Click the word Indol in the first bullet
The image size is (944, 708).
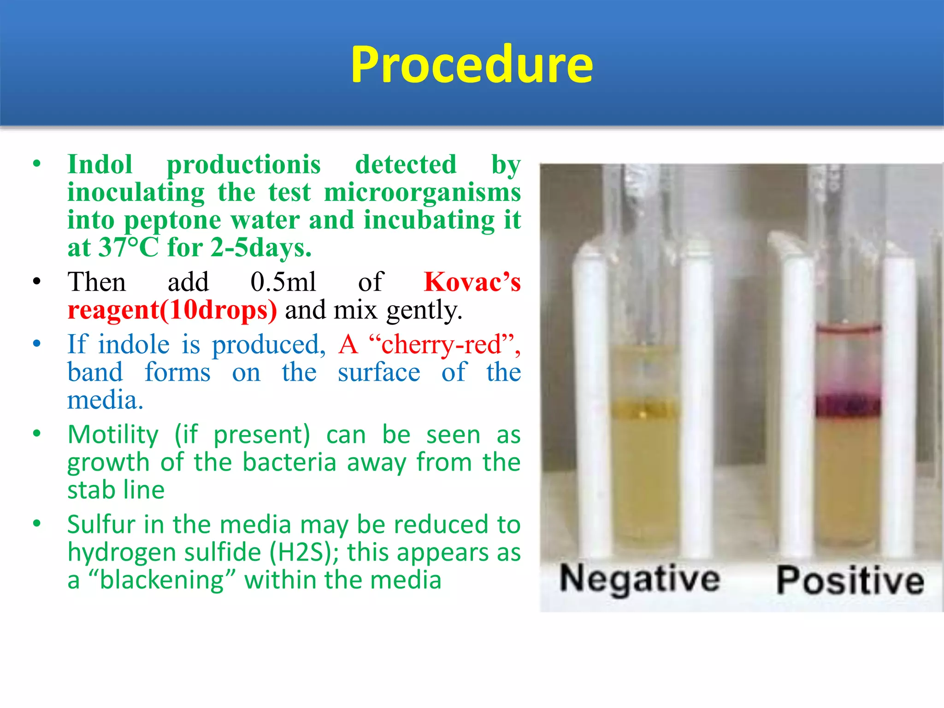pos(100,165)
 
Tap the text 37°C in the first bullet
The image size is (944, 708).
pos(129,248)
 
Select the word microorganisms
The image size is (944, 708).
pos(422,192)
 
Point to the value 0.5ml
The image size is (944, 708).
pos(283,282)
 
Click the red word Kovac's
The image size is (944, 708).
pos(472,282)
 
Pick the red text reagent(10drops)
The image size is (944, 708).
pos(172,310)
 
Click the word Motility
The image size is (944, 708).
pos(113,435)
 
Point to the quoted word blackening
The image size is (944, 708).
pos(161,580)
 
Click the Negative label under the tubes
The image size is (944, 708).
pos(639,579)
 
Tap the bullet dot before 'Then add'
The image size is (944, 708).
pos(37,282)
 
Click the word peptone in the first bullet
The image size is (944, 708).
pos(172,220)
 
